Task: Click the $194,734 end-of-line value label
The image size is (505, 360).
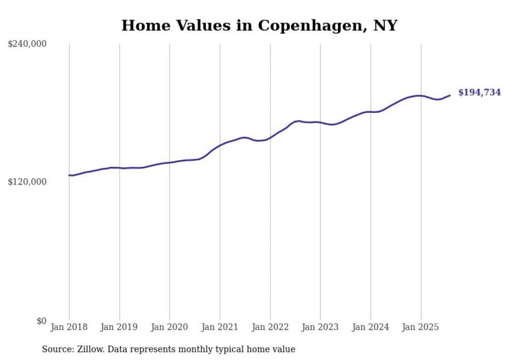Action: coord(479,93)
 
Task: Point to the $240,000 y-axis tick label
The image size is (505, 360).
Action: coord(27,44)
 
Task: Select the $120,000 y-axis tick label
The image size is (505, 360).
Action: coord(27,182)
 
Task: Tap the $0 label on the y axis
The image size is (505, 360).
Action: coord(41,321)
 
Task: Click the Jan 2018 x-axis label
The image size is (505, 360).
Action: coord(69,327)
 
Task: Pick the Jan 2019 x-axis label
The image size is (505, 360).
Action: coord(120,327)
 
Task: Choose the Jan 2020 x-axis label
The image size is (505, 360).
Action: coord(170,327)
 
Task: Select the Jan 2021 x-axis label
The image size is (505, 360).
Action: coord(220,327)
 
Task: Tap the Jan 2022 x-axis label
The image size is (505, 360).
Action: coord(270,327)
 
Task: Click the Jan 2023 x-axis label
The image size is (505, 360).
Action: coord(320,327)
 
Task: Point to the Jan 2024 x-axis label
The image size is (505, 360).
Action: coord(371,327)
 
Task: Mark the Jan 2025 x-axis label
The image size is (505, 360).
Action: coord(420,327)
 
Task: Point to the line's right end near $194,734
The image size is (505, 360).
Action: coord(450,95)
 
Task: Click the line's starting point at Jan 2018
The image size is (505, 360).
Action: coord(69,175)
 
